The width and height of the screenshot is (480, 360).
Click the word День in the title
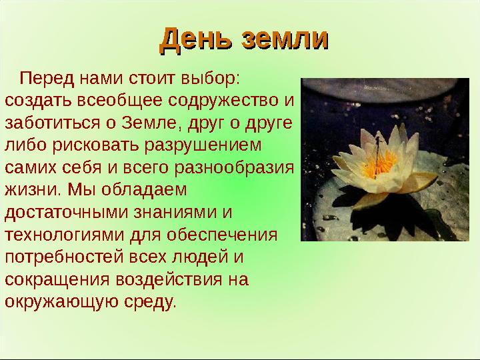pos(196,40)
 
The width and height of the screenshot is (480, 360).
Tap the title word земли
pos(285,39)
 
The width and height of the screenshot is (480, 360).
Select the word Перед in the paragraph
pos(47,79)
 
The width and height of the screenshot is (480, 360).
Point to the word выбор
pos(210,79)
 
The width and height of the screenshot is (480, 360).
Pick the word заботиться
pos(53,123)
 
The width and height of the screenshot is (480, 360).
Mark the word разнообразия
pos(234,168)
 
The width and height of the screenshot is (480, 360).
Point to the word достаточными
pos(66,213)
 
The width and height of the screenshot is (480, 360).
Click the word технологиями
pos(65,235)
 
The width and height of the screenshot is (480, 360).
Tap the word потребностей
pos(64,257)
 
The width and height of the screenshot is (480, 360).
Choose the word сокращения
pos(57,279)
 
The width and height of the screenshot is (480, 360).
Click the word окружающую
pos(61,302)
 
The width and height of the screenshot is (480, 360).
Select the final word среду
pos(150,302)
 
